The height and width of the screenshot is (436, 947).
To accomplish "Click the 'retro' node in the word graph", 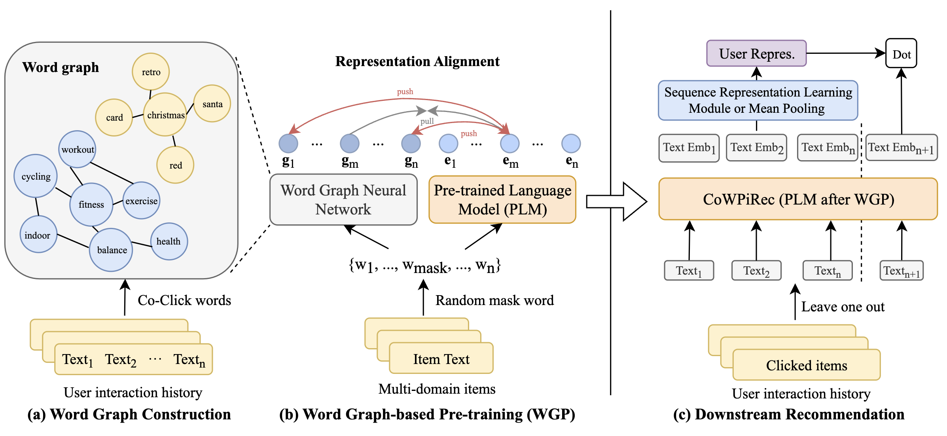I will click(x=151, y=72).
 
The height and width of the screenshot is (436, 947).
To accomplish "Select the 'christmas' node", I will click(x=165, y=115).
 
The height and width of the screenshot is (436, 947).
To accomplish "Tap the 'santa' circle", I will click(x=212, y=104).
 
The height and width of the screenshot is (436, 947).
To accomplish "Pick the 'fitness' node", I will click(x=91, y=204).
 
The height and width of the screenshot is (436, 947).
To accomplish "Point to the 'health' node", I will click(x=169, y=241).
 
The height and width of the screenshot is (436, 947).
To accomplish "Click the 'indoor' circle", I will click(x=38, y=235).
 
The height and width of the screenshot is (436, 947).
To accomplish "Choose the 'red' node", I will click(x=175, y=165).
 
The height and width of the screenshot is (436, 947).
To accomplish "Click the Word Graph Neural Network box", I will click(x=343, y=199).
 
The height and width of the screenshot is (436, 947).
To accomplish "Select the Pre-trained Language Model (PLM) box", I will click(x=502, y=199).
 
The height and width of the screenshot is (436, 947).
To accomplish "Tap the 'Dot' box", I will click(x=901, y=53).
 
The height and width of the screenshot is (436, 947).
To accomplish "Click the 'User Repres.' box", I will click(x=756, y=53).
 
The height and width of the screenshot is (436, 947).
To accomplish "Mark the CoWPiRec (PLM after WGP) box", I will click(x=798, y=199).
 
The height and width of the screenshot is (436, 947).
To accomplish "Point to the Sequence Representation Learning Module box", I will click(x=758, y=100).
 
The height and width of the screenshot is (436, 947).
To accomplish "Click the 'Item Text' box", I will click(x=441, y=358).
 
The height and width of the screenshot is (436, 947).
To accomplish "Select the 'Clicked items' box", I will click(x=807, y=365).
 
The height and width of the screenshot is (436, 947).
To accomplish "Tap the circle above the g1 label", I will click(x=288, y=144).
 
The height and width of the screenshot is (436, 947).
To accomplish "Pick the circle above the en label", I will click(x=571, y=144).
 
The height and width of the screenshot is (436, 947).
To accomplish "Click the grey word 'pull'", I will click(x=427, y=121).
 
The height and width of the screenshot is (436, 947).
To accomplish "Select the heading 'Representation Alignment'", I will click(x=417, y=61).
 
